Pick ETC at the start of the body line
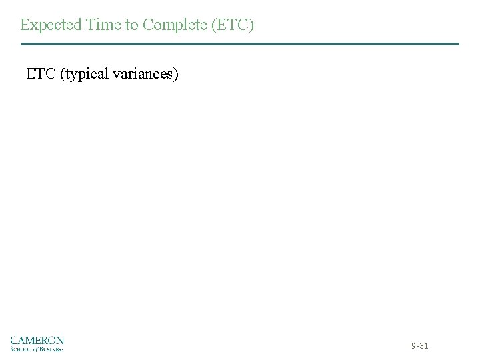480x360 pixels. pyautogui.click(x=41, y=73)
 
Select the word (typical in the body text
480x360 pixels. pyautogui.click(x=85, y=74)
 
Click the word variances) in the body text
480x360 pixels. pyautogui.click(x=145, y=73)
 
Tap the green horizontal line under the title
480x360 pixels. pyautogui.click(x=240, y=44)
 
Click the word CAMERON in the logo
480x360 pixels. pyautogui.click(x=37, y=340)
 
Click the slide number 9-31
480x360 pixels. pyautogui.click(x=419, y=346)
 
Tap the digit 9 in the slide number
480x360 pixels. pyautogui.click(x=413, y=346)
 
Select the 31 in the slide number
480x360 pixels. pyautogui.click(x=424, y=346)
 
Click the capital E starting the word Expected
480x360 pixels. pyautogui.click(x=25, y=25)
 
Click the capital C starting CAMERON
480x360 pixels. pyautogui.click(x=14, y=340)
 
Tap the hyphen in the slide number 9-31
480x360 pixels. pyautogui.click(x=417, y=347)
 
